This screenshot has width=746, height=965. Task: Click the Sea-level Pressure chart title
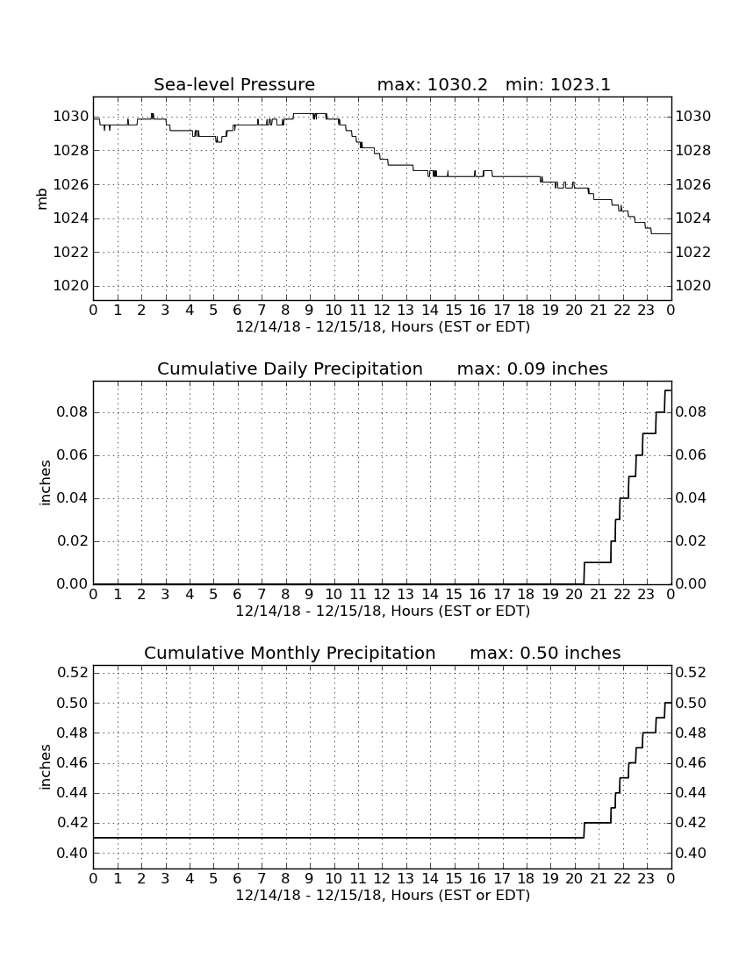click(234, 84)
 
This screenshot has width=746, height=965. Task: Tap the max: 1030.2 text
click(432, 84)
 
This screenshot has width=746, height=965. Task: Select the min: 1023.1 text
click(558, 84)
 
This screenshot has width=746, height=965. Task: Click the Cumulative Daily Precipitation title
click(290, 368)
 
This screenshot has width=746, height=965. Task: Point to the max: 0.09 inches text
click(533, 368)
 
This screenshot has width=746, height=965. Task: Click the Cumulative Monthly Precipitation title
click(290, 653)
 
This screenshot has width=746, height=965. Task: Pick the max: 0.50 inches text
click(545, 653)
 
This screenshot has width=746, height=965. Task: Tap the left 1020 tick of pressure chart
click(71, 286)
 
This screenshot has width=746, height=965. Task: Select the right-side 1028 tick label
click(693, 151)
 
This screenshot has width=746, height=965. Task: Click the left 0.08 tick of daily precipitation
click(73, 412)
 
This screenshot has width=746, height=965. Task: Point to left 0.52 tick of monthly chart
click(73, 672)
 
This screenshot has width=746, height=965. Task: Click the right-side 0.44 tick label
click(691, 793)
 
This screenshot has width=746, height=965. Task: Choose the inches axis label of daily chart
click(44, 483)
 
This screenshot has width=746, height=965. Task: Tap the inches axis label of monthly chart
click(44, 767)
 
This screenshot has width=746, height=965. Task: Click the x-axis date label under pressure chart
click(383, 327)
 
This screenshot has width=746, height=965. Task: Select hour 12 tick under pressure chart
click(383, 311)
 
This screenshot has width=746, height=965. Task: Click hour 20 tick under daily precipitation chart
click(574, 595)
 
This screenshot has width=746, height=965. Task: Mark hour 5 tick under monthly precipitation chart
click(213, 879)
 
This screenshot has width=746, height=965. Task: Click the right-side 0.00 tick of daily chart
click(691, 584)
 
